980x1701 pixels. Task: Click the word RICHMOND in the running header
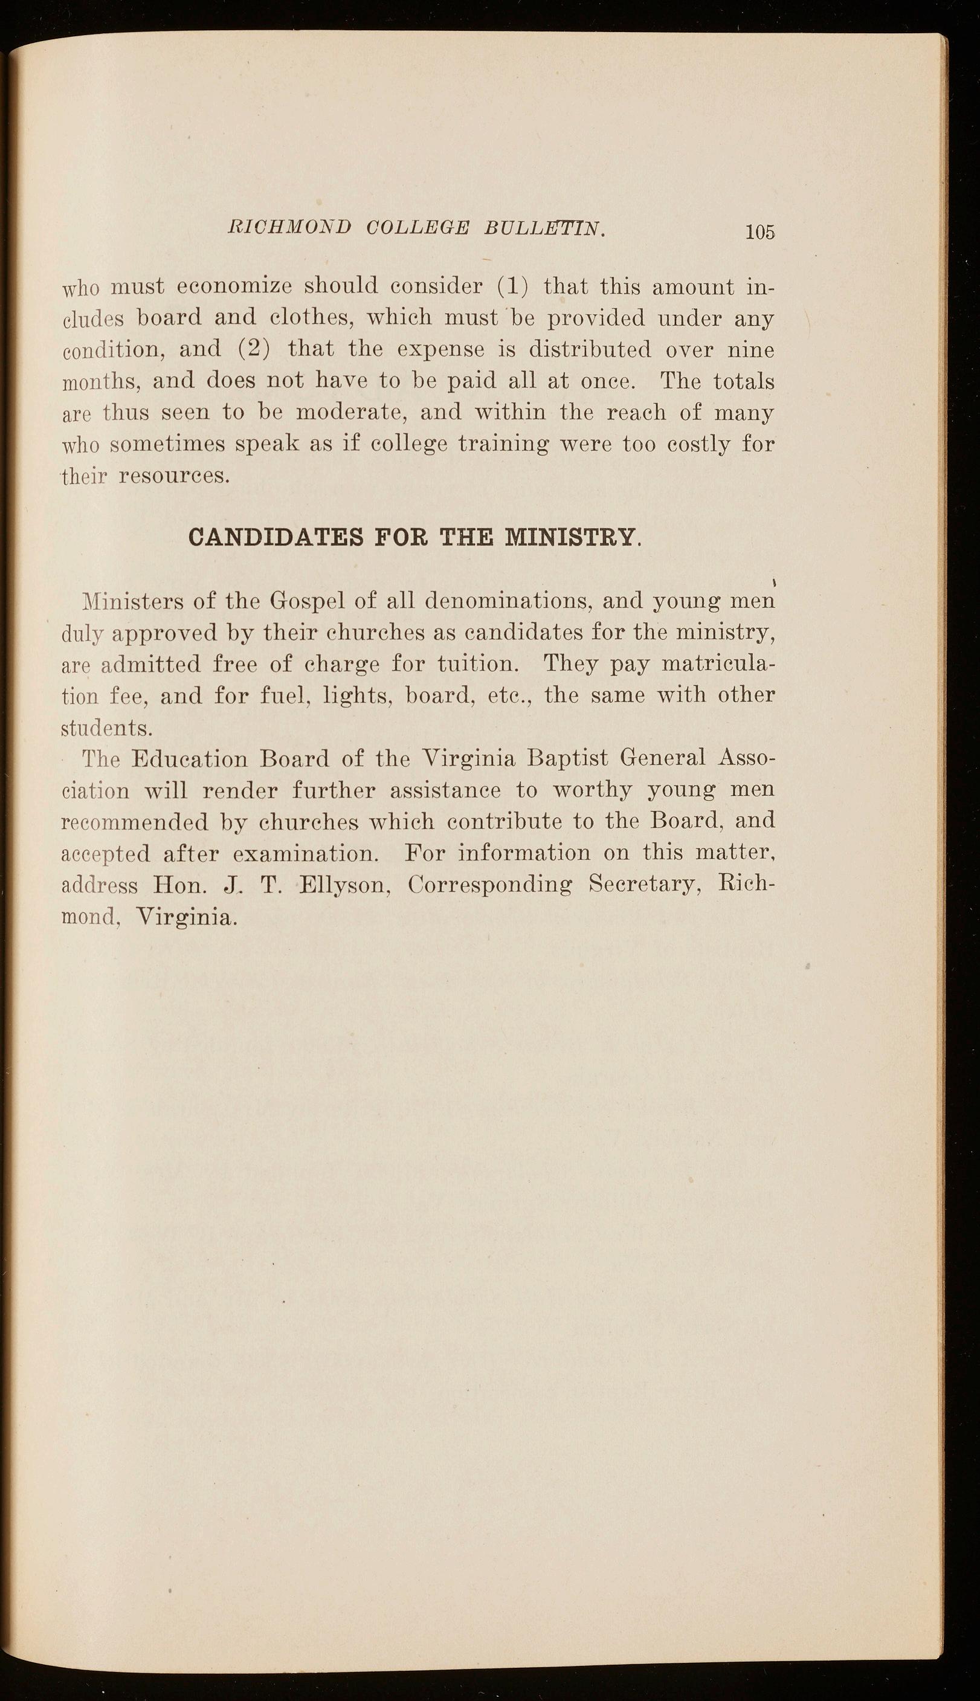coord(290,228)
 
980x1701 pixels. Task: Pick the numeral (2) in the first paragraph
coord(254,349)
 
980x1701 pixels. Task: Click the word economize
coord(234,287)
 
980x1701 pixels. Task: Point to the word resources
coord(175,476)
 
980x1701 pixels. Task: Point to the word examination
coord(306,854)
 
